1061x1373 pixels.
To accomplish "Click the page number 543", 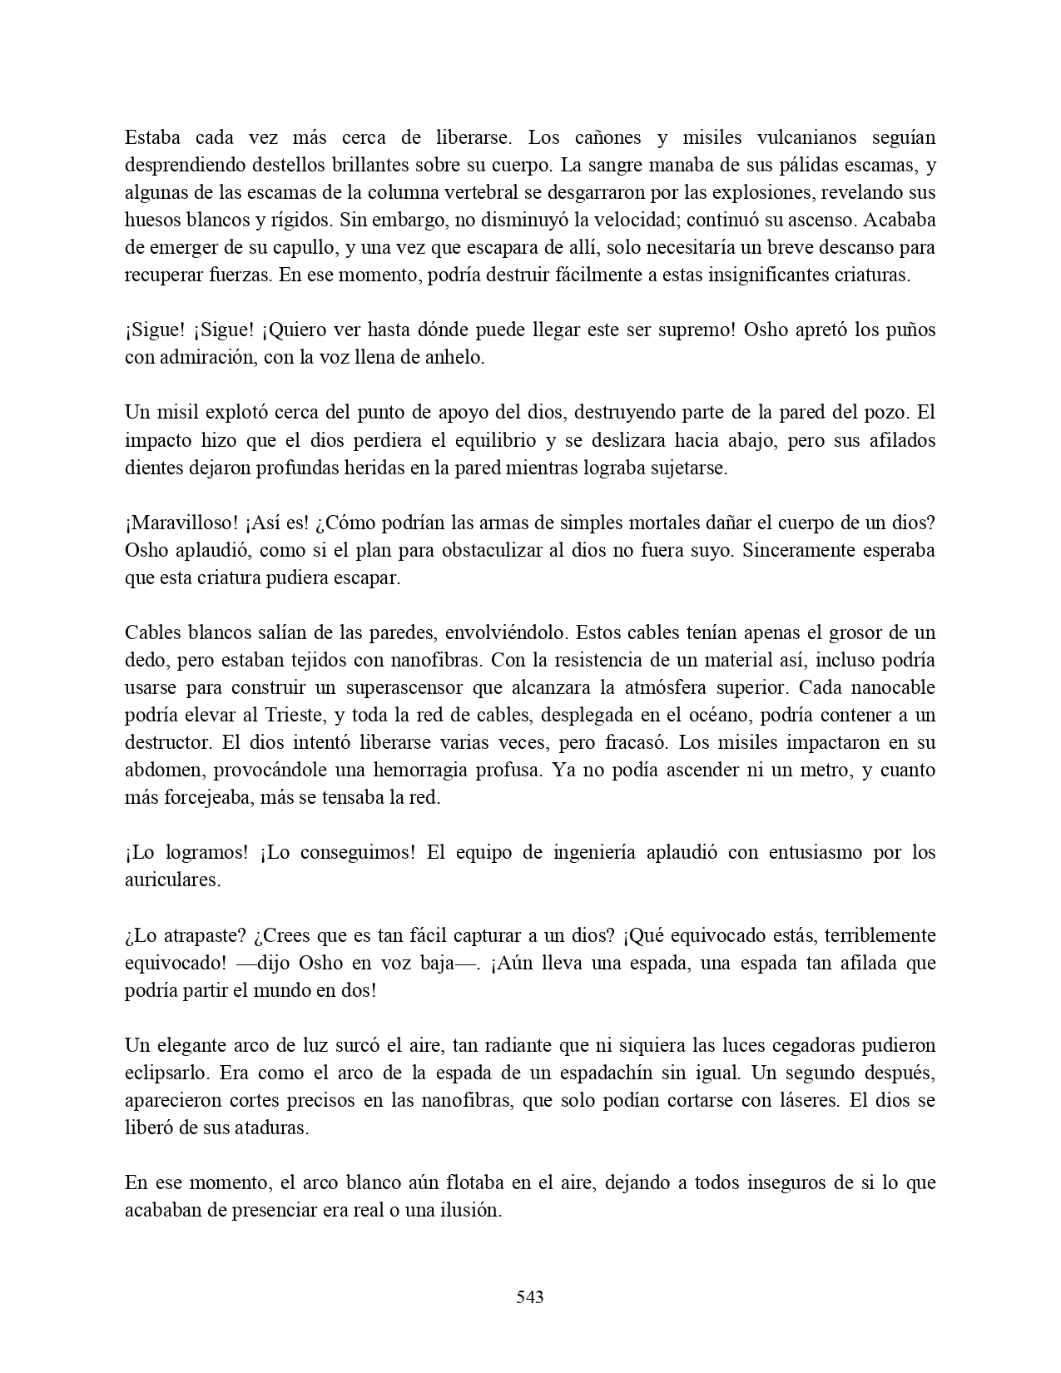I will pyautogui.click(x=530, y=1296).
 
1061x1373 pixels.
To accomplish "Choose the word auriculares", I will pyautogui.click(x=172, y=880).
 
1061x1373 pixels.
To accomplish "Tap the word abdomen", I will pyautogui.click(x=164, y=770).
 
